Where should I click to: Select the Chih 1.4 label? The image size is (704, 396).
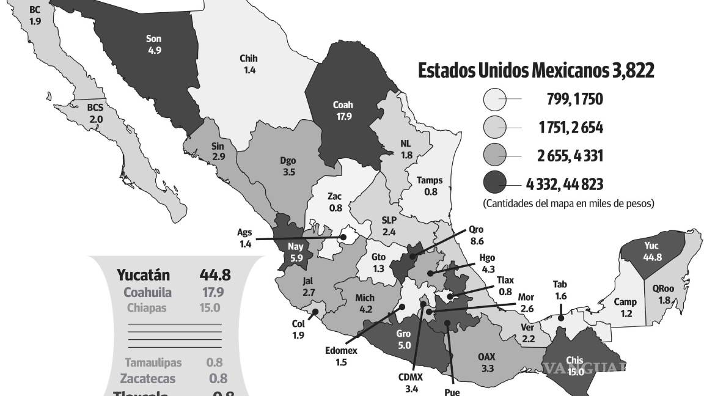(249, 64)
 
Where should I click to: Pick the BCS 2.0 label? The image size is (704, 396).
(95, 113)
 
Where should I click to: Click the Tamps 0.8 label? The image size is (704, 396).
(430, 186)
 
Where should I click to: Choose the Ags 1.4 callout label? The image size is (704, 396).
(246, 238)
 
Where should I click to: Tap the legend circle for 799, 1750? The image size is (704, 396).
(494, 98)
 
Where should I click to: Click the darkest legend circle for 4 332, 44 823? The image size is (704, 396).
(494, 183)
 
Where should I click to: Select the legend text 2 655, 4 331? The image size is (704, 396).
(570, 156)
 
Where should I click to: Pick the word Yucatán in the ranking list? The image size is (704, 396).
(144, 276)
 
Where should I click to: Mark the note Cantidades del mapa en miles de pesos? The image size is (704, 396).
(568, 203)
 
